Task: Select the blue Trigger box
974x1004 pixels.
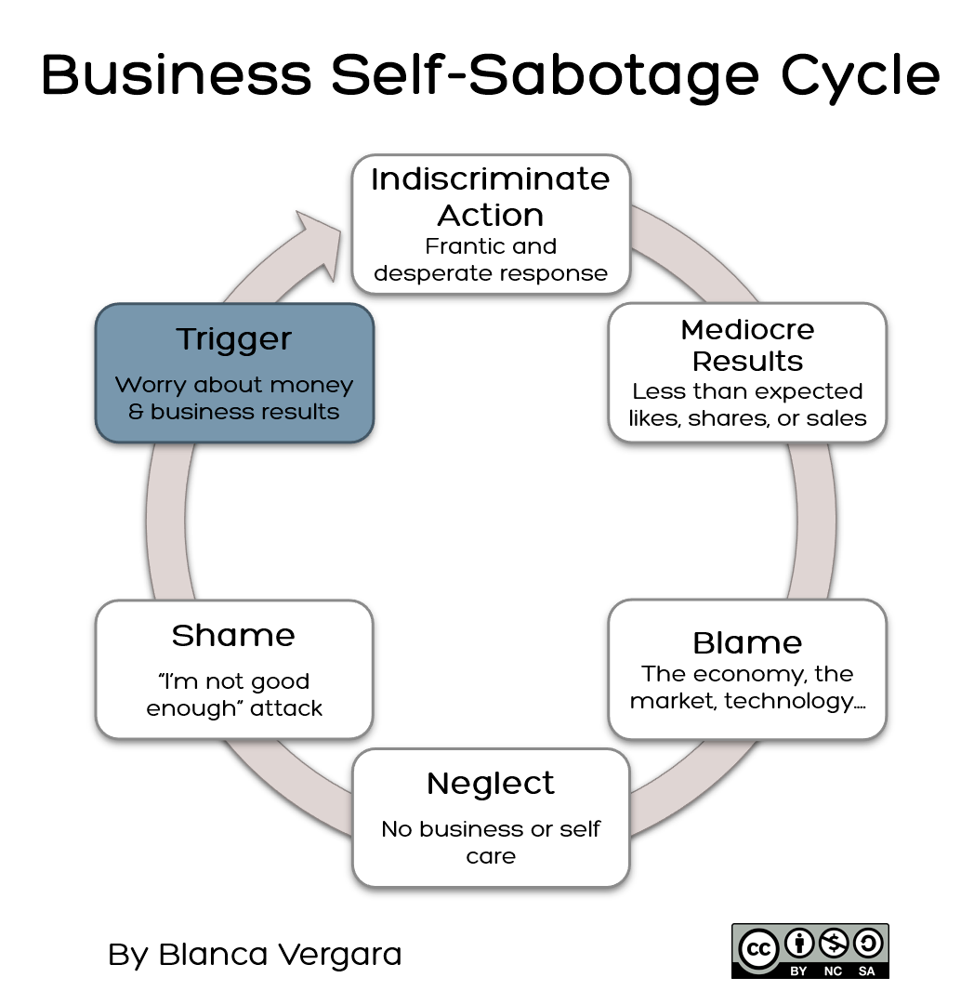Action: (x=234, y=373)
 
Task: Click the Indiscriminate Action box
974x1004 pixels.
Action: (x=491, y=224)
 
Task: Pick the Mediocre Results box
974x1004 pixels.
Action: (x=747, y=372)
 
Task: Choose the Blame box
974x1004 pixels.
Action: (x=747, y=669)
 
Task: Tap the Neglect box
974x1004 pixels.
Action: (x=491, y=818)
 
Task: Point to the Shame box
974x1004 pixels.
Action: (x=234, y=669)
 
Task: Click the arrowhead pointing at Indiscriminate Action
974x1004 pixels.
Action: (x=316, y=242)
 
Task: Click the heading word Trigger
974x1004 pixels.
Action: (x=234, y=339)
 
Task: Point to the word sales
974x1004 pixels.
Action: (x=837, y=418)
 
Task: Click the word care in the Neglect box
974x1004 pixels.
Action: (x=491, y=855)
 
